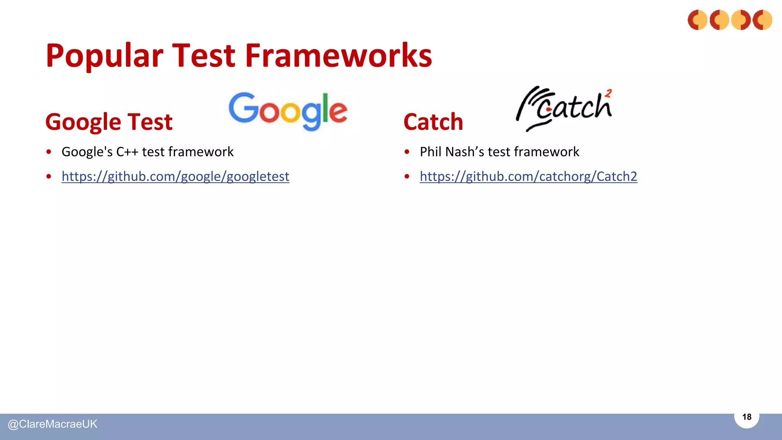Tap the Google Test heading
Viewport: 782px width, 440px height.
(109, 122)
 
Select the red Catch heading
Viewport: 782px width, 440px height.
(433, 122)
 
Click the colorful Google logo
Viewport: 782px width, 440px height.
(288, 111)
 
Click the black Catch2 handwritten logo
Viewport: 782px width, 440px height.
(564, 108)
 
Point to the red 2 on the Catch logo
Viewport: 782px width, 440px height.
(608, 93)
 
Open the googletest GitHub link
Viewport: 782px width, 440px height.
(175, 176)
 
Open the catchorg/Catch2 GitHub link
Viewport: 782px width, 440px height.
(528, 176)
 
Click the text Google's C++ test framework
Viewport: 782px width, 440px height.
(147, 152)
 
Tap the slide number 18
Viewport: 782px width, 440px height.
(746, 417)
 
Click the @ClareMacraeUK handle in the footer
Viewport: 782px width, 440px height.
(53, 424)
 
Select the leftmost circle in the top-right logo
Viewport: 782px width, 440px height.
(698, 20)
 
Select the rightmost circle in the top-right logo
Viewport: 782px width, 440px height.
(762, 20)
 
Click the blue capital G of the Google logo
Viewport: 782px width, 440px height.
(242, 108)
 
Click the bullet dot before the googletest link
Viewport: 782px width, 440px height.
(48, 176)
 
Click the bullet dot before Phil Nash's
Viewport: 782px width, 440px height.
(407, 152)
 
